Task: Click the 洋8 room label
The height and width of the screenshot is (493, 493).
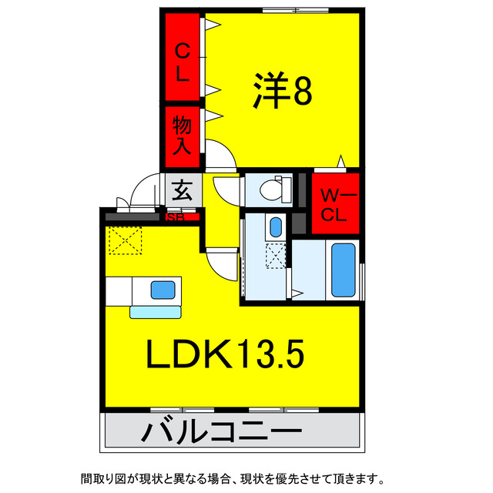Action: click(283, 90)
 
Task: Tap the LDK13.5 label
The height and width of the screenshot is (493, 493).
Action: click(225, 354)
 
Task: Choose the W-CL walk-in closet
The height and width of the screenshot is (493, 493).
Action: click(335, 203)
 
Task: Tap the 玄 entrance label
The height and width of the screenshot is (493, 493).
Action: click(183, 190)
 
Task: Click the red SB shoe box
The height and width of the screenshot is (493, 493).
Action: click(183, 216)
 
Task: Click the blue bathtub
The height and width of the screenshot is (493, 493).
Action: click(344, 270)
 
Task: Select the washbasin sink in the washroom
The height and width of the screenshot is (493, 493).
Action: click(276, 227)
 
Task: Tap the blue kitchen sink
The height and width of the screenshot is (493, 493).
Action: click(163, 290)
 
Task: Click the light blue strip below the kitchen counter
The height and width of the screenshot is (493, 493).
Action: click(156, 313)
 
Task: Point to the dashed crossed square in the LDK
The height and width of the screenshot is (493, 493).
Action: click(125, 240)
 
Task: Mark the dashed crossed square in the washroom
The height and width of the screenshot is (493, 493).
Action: click(276, 256)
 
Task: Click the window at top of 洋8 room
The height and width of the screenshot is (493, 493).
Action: click(295, 10)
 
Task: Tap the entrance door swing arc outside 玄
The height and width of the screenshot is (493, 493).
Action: click(142, 186)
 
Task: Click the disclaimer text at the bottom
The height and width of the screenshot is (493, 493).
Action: click(233, 479)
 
